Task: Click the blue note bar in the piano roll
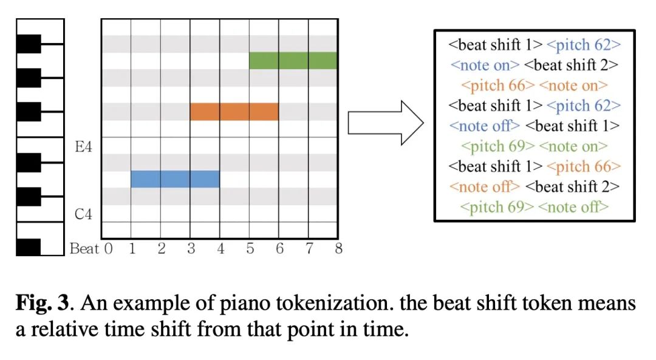click(176, 179)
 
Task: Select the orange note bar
click(234, 112)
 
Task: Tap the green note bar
click(293, 61)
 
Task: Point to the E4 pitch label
click(83, 147)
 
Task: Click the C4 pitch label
click(83, 214)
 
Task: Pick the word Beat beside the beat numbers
click(84, 248)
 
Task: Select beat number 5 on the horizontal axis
click(250, 248)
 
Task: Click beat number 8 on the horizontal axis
click(338, 248)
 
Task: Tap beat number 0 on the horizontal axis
click(108, 248)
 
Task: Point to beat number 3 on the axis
click(191, 248)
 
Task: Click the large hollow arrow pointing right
click(386, 123)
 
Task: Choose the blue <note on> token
click(485, 65)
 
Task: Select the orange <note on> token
click(573, 86)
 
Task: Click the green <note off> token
click(573, 207)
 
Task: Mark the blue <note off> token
click(485, 126)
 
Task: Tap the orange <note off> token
click(485, 186)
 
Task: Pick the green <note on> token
click(573, 146)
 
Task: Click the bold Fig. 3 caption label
click(43, 303)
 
